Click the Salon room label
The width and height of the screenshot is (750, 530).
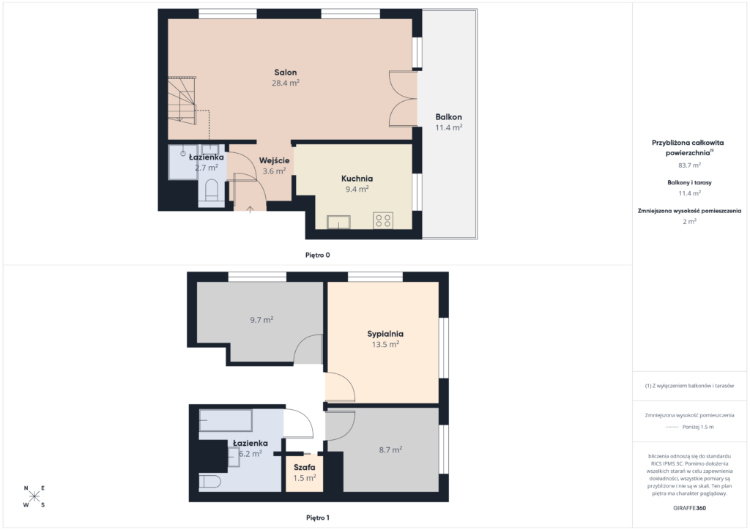[286, 72]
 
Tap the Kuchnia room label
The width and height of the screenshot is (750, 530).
[357, 179]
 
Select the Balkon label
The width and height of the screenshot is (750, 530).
[449, 117]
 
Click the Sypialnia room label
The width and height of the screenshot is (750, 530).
[385, 334]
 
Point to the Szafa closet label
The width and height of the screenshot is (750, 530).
[305, 467]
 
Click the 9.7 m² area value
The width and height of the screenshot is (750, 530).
[261, 320]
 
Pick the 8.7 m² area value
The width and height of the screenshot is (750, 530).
[390, 449]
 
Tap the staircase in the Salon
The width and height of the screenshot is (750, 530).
[182, 100]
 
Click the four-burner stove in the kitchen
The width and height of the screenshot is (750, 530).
[383, 220]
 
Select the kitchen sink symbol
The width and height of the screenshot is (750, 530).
[338, 223]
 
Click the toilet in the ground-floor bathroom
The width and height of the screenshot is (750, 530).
[212, 190]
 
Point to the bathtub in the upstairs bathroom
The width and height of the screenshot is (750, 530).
[226, 420]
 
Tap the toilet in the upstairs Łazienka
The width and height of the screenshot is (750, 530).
[209, 481]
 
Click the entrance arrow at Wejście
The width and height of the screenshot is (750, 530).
[250, 209]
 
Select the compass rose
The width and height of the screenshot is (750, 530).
[34, 496]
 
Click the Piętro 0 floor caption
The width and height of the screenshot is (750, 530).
[318, 255]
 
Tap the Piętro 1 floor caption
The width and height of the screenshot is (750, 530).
[318, 518]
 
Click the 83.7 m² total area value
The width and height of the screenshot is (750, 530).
[689, 165]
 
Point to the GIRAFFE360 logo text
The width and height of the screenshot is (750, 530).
[689, 508]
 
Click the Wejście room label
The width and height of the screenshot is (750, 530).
[275, 160]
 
